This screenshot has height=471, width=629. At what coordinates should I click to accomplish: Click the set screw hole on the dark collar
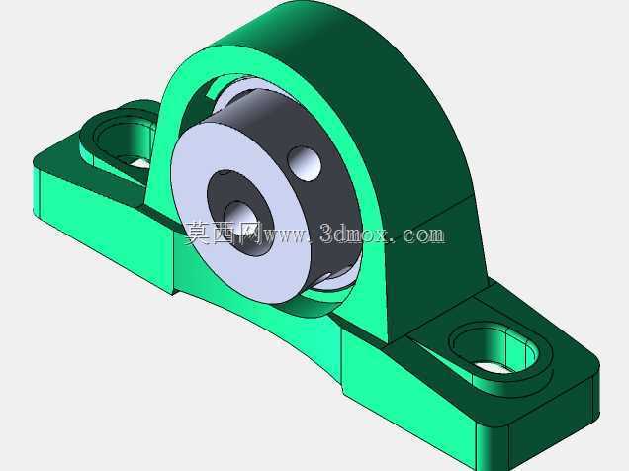click(x=305, y=163)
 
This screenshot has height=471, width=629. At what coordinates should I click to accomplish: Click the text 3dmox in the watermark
click(x=354, y=234)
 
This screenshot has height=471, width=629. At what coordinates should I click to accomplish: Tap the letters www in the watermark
click(x=283, y=235)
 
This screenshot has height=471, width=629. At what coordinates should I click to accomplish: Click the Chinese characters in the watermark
click(x=222, y=234)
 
